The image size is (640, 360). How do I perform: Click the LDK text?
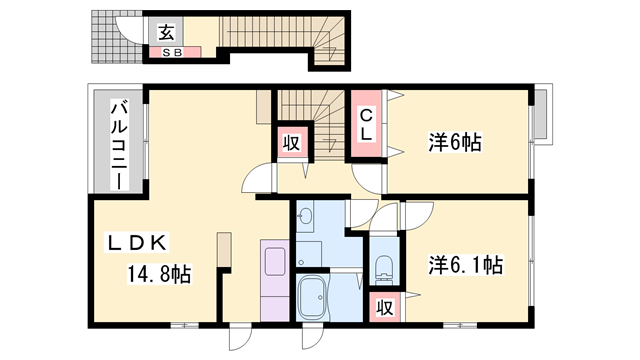coord(143,241)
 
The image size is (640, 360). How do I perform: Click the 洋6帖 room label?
coord(455,143)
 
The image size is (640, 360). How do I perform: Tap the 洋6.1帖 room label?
coord(465,265)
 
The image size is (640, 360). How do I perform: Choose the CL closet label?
coord(367,124)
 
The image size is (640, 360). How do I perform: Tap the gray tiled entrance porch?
coord(104,39)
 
